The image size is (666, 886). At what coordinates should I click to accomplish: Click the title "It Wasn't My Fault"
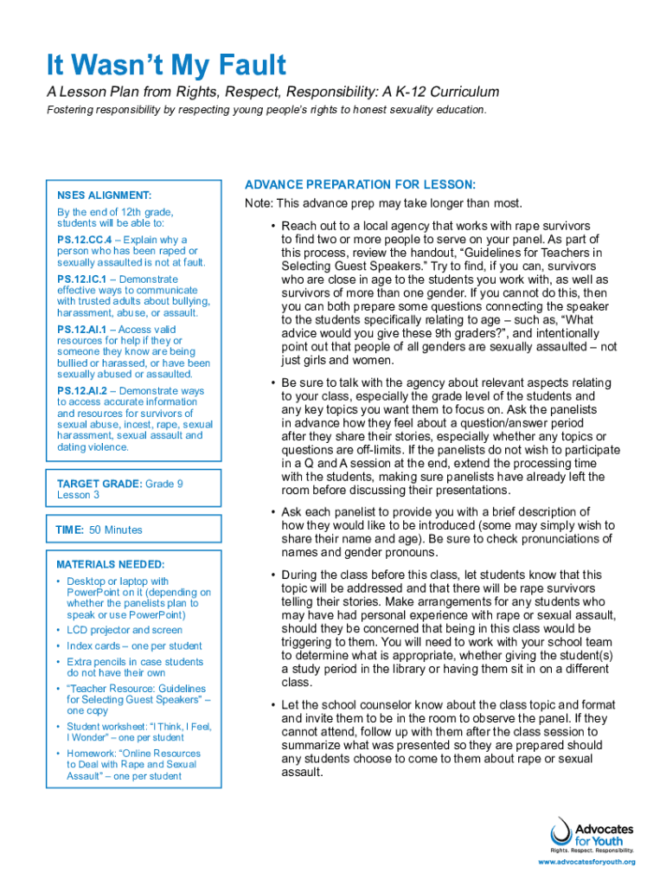point(166,65)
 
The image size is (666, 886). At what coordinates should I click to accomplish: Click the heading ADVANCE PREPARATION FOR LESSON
point(360,184)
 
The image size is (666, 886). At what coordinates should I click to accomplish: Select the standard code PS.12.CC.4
point(83,240)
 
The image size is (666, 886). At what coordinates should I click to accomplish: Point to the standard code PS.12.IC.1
point(81,279)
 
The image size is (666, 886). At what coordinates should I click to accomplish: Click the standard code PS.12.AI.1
point(81,330)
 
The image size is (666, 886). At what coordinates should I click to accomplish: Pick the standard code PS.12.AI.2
point(81,391)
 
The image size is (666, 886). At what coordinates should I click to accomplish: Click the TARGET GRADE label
point(99,484)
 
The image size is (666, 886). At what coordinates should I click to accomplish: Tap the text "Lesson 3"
point(78,495)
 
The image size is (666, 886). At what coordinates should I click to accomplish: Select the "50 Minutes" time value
point(116,530)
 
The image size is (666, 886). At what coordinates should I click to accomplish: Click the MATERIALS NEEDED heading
point(110,564)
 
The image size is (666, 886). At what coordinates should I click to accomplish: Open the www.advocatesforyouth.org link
point(586,862)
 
